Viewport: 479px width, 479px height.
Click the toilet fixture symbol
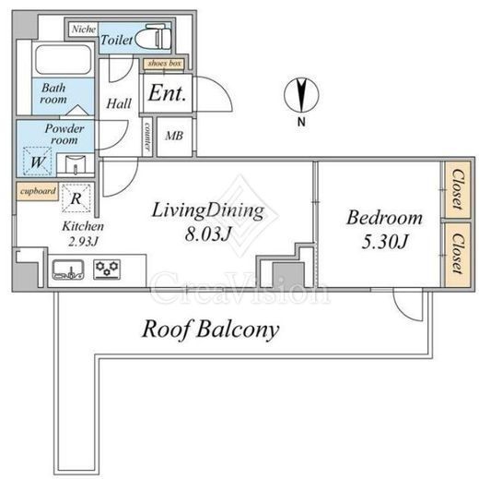[x=153, y=37]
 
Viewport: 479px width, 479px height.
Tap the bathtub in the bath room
[x=64, y=60]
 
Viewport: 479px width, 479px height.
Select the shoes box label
[x=164, y=64]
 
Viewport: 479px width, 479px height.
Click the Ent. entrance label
[x=167, y=93]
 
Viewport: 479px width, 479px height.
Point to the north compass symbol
[x=301, y=95]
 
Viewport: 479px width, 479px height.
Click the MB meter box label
[x=174, y=136]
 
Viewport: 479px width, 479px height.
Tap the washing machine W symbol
[x=38, y=162]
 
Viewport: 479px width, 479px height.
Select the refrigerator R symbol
[x=76, y=198]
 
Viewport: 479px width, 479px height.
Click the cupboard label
[x=38, y=191]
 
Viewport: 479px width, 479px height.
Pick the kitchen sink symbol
[x=68, y=269]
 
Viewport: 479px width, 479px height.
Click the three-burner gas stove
[x=107, y=269]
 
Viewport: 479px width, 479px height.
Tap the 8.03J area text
[x=207, y=234]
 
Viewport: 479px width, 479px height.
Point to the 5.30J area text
[x=384, y=242]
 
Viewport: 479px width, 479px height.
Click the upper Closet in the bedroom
[x=458, y=190]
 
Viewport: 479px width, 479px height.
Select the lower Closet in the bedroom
[x=458, y=254]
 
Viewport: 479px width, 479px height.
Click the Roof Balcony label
[x=211, y=329]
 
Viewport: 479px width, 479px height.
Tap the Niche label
[x=84, y=30]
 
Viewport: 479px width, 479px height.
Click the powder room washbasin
[x=76, y=164]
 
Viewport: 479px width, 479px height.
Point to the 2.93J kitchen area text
[x=83, y=242]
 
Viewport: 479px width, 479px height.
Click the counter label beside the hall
[x=147, y=137]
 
